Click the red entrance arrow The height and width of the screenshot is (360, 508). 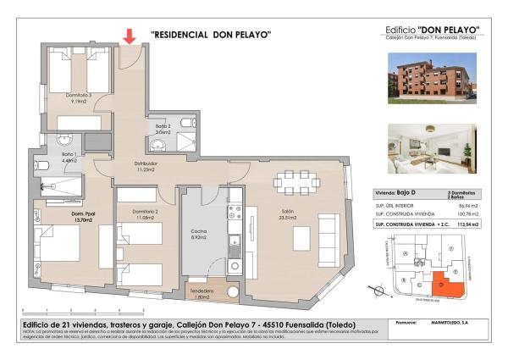point(130,36)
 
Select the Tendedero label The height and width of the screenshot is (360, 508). point(202,293)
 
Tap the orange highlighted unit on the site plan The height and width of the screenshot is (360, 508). point(445,287)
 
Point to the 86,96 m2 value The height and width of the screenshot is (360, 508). point(467,206)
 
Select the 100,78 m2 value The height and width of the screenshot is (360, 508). point(467,215)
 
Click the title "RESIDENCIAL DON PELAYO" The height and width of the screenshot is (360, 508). point(211,35)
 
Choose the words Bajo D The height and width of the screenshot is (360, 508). point(411,195)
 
